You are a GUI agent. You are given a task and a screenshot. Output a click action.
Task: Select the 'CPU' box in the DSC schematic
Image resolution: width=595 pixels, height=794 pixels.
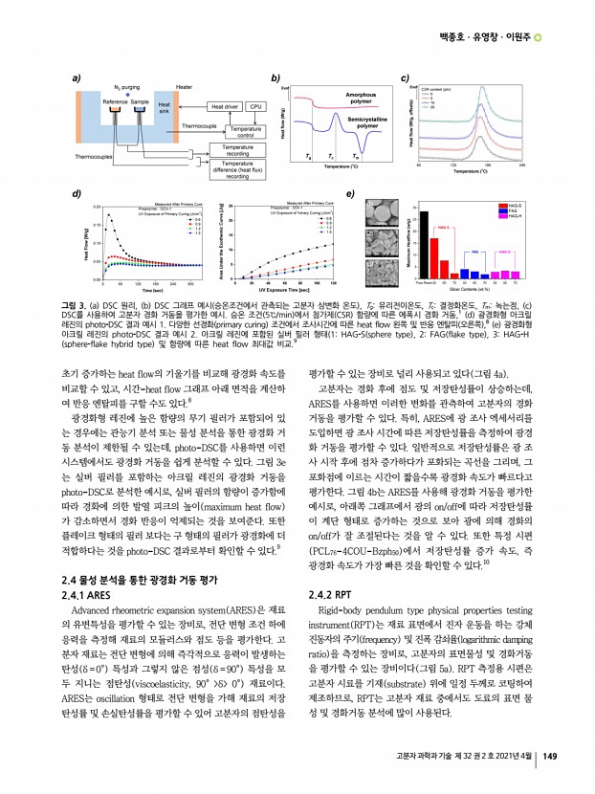coord(256,107)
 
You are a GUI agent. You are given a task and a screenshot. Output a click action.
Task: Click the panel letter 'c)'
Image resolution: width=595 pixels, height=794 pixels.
coord(405,76)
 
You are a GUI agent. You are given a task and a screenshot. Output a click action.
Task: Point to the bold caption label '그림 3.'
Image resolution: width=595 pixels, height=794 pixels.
coord(73,301)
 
